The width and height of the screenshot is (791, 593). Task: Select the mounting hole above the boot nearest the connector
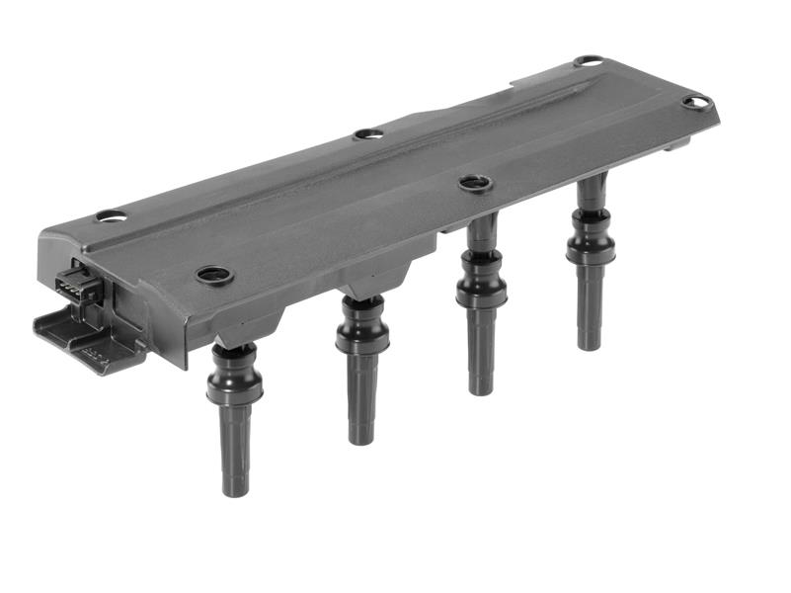pyautogui.click(x=212, y=275)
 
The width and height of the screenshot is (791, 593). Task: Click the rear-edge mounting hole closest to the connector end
pyautogui.click(x=111, y=215)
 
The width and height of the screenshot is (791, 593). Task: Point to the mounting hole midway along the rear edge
pyautogui.click(x=368, y=132)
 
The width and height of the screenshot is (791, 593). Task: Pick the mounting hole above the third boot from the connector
pyautogui.click(x=475, y=183)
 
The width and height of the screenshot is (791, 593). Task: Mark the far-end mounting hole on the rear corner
pyautogui.click(x=589, y=61)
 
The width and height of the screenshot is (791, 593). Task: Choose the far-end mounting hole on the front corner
pyautogui.click(x=695, y=102)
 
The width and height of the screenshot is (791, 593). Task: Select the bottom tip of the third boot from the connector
pyautogui.click(x=481, y=386)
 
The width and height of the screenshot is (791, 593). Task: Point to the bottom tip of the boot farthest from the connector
pyautogui.click(x=590, y=342)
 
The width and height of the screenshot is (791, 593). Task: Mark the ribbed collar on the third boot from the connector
pyautogui.click(x=481, y=286)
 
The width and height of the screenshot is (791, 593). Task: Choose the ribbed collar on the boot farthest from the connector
pyautogui.click(x=591, y=245)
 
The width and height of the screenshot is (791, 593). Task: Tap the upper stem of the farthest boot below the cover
pyautogui.click(x=593, y=193)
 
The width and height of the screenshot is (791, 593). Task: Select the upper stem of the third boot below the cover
pyautogui.click(x=482, y=235)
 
